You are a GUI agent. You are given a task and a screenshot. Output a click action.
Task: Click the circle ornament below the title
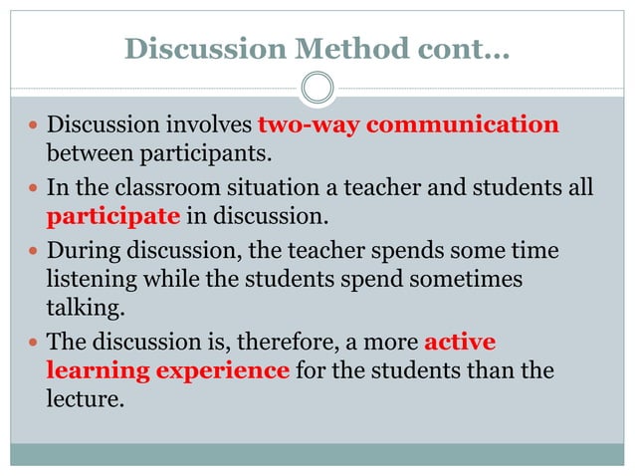(317, 88)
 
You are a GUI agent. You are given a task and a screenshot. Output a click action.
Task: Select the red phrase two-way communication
(408, 125)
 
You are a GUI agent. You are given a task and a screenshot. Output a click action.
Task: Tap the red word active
(459, 342)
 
